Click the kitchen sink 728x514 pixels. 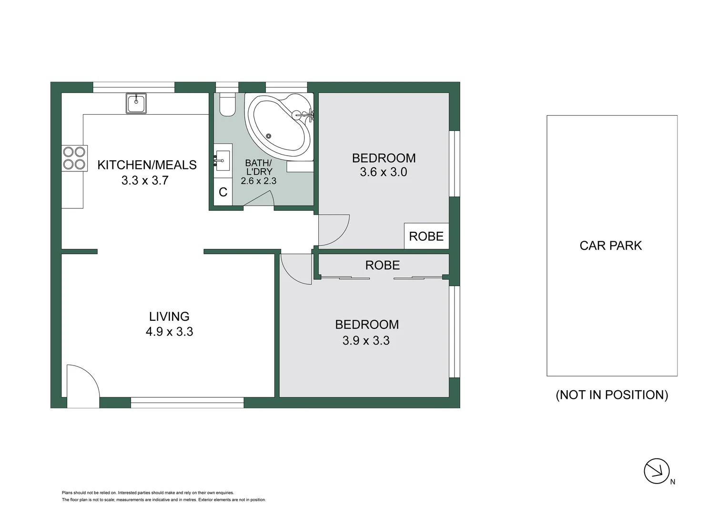point(136,103)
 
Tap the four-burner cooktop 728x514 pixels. point(74,158)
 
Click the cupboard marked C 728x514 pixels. point(222,192)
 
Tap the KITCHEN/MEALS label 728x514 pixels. point(147,165)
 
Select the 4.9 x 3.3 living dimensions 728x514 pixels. point(169,332)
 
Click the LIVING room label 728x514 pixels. point(169,316)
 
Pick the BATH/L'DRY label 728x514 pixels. point(259,167)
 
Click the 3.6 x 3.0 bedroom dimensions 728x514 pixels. point(384,172)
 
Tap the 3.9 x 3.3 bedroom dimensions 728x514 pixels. point(366,341)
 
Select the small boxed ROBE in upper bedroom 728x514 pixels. point(426,236)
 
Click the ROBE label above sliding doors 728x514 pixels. point(383,265)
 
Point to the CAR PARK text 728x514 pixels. point(611,246)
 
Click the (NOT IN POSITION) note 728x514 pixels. point(612,395)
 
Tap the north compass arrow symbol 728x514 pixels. point(657,471)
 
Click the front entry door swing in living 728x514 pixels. point(82,383)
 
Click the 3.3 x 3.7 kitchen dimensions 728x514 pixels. point(145,180)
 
